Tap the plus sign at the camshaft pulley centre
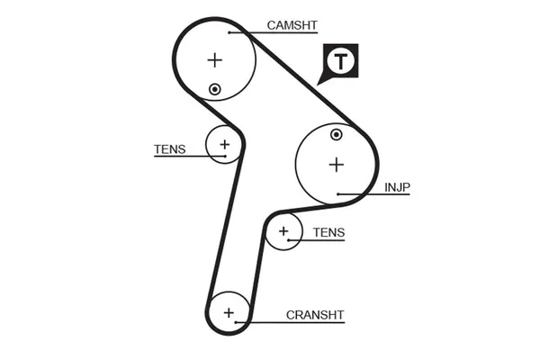[214, 60]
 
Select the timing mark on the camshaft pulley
[214, 88]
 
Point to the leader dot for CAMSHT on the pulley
[230, 32]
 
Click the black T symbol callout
[340, 61]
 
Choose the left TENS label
[170, 149]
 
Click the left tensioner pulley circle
[223, 144]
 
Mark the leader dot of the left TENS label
[224, 156]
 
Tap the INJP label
[397, 187]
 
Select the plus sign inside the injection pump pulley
[336, 165]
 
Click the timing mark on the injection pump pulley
[336, 135]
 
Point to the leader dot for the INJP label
[337, 193]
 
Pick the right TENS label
[328, 232]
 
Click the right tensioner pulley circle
[284, 232]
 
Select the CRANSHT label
[315, 315]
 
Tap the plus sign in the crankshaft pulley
[229, 312]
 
